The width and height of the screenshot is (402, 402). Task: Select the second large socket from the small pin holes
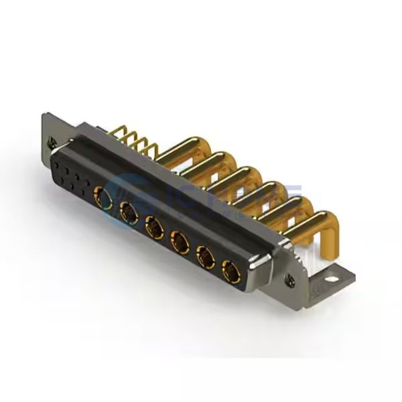(x=126, y=213)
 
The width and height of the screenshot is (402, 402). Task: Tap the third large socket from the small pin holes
(x=152, y=228)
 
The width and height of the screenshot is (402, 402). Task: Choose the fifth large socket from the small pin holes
(x=204, y=257)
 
